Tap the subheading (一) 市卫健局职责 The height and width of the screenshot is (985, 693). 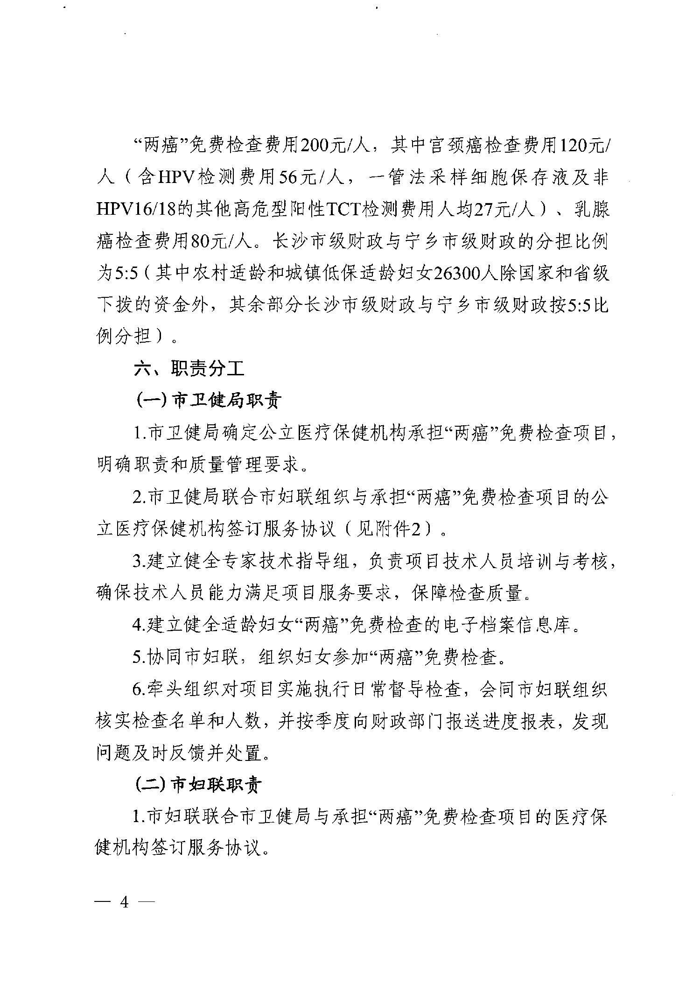click(x=208, y=401)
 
